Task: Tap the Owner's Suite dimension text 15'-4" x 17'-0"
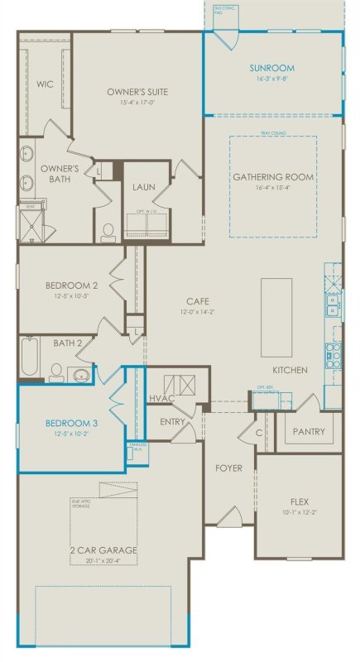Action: click(x=137, y=103)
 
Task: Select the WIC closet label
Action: click(x=44, y=84)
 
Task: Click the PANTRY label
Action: click(x=309, y=432)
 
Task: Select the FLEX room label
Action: click(x=299, y=501)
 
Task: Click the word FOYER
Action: click(x=228, y=468)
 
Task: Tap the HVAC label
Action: click(x=159, y=398)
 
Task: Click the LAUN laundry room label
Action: click(x=144, y=187)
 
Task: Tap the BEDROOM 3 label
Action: click(x=71, y=423)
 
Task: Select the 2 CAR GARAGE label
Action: click(x=104, y=549)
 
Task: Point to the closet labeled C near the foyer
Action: click(x=258, y=432)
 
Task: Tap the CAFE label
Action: click(x=195, y=301)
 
